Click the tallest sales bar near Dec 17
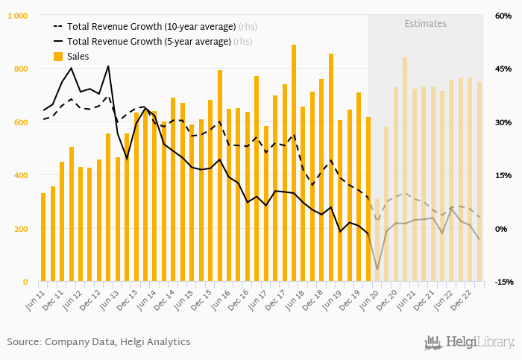pos(294,163)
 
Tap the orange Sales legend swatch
pos(58,57)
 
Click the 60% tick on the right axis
pos(504,16)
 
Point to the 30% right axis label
pos(504,122)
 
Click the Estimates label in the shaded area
pos(426,24)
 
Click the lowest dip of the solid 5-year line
pos(377,269)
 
